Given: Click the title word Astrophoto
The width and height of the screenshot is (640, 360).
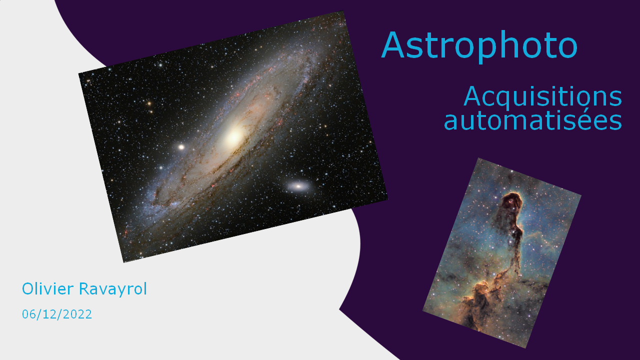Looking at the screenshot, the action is click(479, 45).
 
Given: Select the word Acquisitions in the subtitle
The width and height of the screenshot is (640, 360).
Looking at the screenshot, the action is click(542, 97).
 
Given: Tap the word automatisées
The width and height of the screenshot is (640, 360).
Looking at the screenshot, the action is click(533, 120).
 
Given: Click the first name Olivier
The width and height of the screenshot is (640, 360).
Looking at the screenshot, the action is click(47, 288).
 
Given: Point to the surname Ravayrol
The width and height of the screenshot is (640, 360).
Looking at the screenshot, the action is click(113, 289).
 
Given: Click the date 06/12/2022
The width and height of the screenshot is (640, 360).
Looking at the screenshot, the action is click(57, 314).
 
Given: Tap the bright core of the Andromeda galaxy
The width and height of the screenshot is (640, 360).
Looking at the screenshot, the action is click(234, 136).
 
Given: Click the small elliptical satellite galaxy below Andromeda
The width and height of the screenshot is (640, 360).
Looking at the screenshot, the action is click(298, 186).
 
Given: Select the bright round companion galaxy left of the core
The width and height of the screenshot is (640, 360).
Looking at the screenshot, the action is click(181, 147).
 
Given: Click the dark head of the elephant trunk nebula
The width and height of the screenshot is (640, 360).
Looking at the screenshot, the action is click(512, 201).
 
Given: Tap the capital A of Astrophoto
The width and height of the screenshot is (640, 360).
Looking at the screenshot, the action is click(394, 44).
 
